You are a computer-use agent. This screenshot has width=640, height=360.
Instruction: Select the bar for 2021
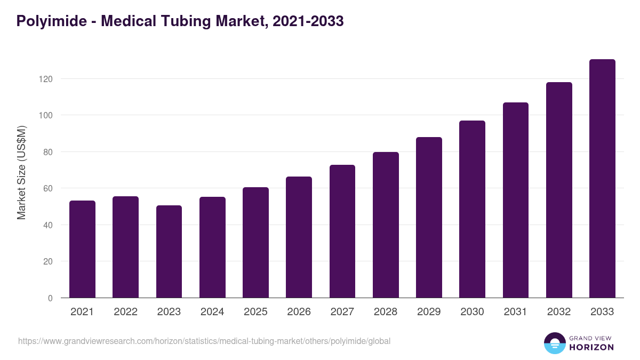point(82,249)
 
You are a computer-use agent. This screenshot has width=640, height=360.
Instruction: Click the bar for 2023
point(169,252)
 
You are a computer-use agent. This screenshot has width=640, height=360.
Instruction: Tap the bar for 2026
point(299,237)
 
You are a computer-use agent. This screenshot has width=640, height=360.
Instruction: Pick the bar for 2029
point(429,218)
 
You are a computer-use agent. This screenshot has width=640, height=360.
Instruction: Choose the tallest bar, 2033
point(602,179)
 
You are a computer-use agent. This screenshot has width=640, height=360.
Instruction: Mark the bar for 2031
point(516,200)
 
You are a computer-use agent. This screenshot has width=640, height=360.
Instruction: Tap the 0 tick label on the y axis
point(50,298)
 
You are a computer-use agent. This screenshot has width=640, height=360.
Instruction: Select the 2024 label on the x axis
point(212,312)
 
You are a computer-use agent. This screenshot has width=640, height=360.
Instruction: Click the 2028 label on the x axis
point(386,312)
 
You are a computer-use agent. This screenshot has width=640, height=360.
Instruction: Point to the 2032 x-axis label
point(559,312)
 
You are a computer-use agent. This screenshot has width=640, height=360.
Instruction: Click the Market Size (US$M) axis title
point(21,172)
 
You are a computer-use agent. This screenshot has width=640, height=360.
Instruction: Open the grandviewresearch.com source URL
point(204,341)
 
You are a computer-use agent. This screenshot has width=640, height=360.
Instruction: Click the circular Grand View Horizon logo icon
point(554,343)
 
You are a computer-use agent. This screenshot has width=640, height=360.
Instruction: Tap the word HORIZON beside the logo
point(591,347)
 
